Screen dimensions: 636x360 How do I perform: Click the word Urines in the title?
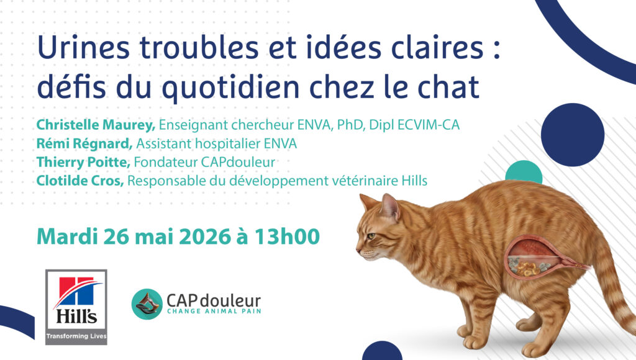[x=84, y=47]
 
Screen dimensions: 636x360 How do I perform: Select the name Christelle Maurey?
[x=96, y=125]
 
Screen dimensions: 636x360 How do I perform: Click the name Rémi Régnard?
[x=84, y=143]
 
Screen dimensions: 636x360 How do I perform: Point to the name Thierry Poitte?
[x=83, y=162]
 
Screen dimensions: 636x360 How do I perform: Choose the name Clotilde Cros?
[x=80, y=181]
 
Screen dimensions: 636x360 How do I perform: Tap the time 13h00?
[x=287, y=236]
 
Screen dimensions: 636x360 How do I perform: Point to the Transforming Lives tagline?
[x=76, y=336]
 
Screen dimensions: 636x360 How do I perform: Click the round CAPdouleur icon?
[x=147, y=304]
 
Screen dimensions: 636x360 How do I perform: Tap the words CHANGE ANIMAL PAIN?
[x=214, y=312]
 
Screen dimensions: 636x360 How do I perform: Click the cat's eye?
[x=371, y=236]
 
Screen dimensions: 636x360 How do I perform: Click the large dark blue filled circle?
[x=572, y=135]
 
